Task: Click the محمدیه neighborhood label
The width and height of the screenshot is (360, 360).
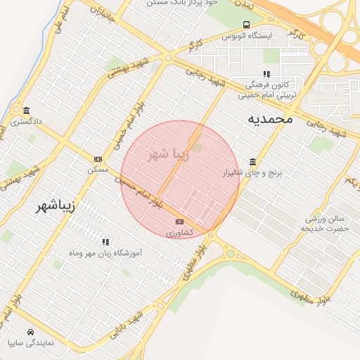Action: tap(270, 120)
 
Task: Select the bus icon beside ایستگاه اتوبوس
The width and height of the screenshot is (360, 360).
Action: tap(245, 25)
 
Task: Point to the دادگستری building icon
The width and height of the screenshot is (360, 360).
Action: tap(26, 110)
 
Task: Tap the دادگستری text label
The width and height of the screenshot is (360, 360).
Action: tap(27, 121)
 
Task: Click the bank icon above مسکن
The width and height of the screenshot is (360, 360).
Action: tap(97, 159)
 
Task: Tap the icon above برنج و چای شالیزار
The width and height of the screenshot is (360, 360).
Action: tap(252, 161)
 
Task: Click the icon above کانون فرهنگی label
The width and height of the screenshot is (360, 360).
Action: tap(266, 73)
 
